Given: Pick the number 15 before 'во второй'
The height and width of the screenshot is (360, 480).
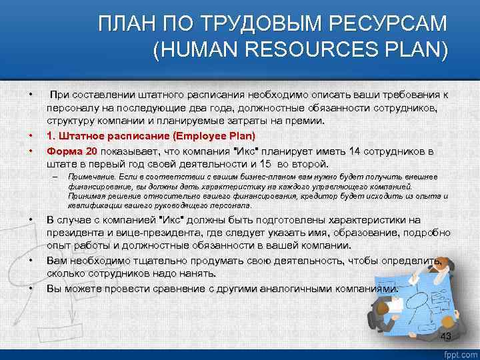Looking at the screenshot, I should (x=265, y=163).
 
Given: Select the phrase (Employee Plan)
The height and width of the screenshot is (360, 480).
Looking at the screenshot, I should (x=213, y=136).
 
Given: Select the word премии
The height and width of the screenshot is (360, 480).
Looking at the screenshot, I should (x=303, y=121).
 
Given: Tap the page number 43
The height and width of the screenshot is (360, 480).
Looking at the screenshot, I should (x=446, y=336).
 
